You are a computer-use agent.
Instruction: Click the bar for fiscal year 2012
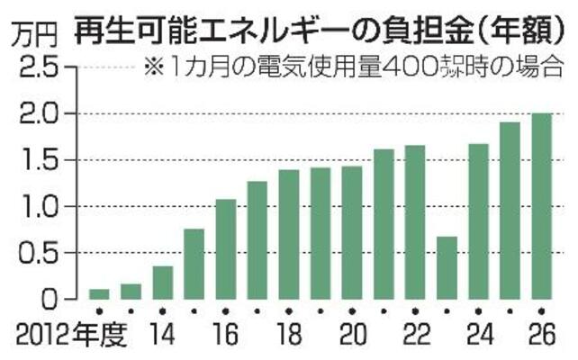pyautogui.click(x=100, y=293)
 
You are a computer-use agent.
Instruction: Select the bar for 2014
pyautogui.click(x=163, y=283)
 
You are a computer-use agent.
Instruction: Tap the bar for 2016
pyautogui.click(x=226, y=249)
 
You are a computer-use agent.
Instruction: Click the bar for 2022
pyautogui.click(x=415, y=222)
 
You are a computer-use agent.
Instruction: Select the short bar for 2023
pyautogui.click(x=447, y=267)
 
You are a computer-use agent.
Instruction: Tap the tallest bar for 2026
pyautogui.click(x=541, y=206)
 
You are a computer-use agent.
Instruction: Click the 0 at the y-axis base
pyautogui.click(x=50, y=299)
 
